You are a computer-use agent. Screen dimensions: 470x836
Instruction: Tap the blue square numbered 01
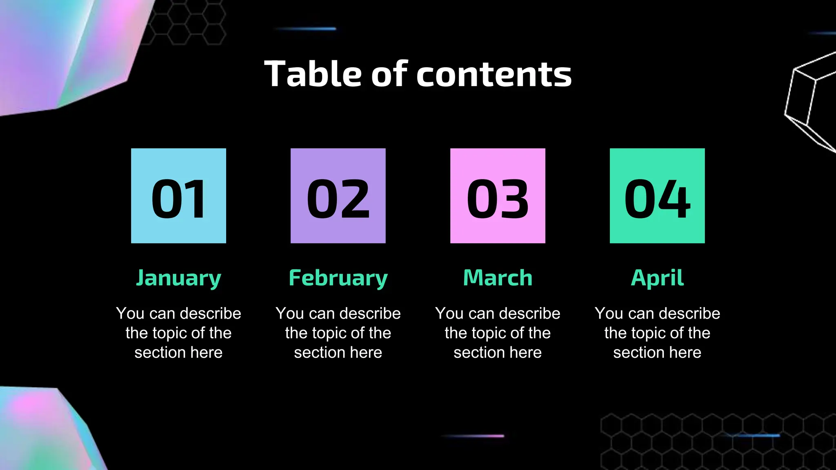(x=178, y=196)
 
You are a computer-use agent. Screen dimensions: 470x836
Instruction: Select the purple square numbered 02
(x=338, y=196)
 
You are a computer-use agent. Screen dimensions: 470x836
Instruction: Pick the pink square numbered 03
(x=498, y=196)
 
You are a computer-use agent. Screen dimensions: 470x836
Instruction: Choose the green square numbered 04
(x=657, y=196)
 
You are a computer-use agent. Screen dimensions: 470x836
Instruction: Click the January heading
(x=178, y=278)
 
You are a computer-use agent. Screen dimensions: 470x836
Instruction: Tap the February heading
(x=338, y=278)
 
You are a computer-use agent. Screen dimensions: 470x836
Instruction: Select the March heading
(x=498, y=278)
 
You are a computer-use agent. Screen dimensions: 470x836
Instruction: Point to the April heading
(x=657, y=278)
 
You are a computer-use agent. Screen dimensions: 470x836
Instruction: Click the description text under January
(x=178, y=333)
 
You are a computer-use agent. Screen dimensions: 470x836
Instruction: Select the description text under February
(x=338, y=333)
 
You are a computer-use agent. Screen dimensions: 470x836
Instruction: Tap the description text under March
(x=498, y=333)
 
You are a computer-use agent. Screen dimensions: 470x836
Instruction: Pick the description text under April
(x=657, y=333)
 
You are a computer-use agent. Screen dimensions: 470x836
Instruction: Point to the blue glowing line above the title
(x=306, y=29)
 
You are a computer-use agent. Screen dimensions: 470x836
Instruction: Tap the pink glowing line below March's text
(x=474, y=436)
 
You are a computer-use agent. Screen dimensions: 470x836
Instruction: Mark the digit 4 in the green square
(x=674, y=199)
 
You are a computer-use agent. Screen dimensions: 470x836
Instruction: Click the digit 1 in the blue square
(x=196, y=199)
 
